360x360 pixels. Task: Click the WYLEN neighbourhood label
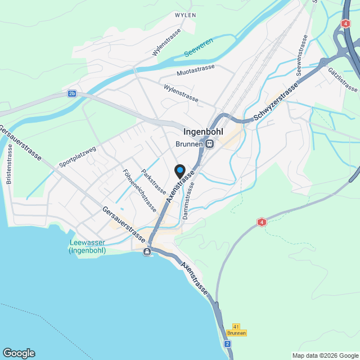[185, 15]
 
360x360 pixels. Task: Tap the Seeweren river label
[199, 53]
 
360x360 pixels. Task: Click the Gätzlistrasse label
[341, 79]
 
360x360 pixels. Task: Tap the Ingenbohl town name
[203, 132]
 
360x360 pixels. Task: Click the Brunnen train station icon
[209, 144]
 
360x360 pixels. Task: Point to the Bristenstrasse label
[8, 168]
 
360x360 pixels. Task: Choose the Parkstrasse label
[153, 181]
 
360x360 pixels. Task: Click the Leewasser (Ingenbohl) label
[87, 247]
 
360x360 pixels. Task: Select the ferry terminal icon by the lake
[147, 251]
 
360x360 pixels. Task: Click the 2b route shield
[71, 93]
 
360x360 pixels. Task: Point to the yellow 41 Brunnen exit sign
[237, 330]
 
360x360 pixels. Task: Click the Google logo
[18, 353]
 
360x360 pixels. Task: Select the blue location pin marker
[179, 170]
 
